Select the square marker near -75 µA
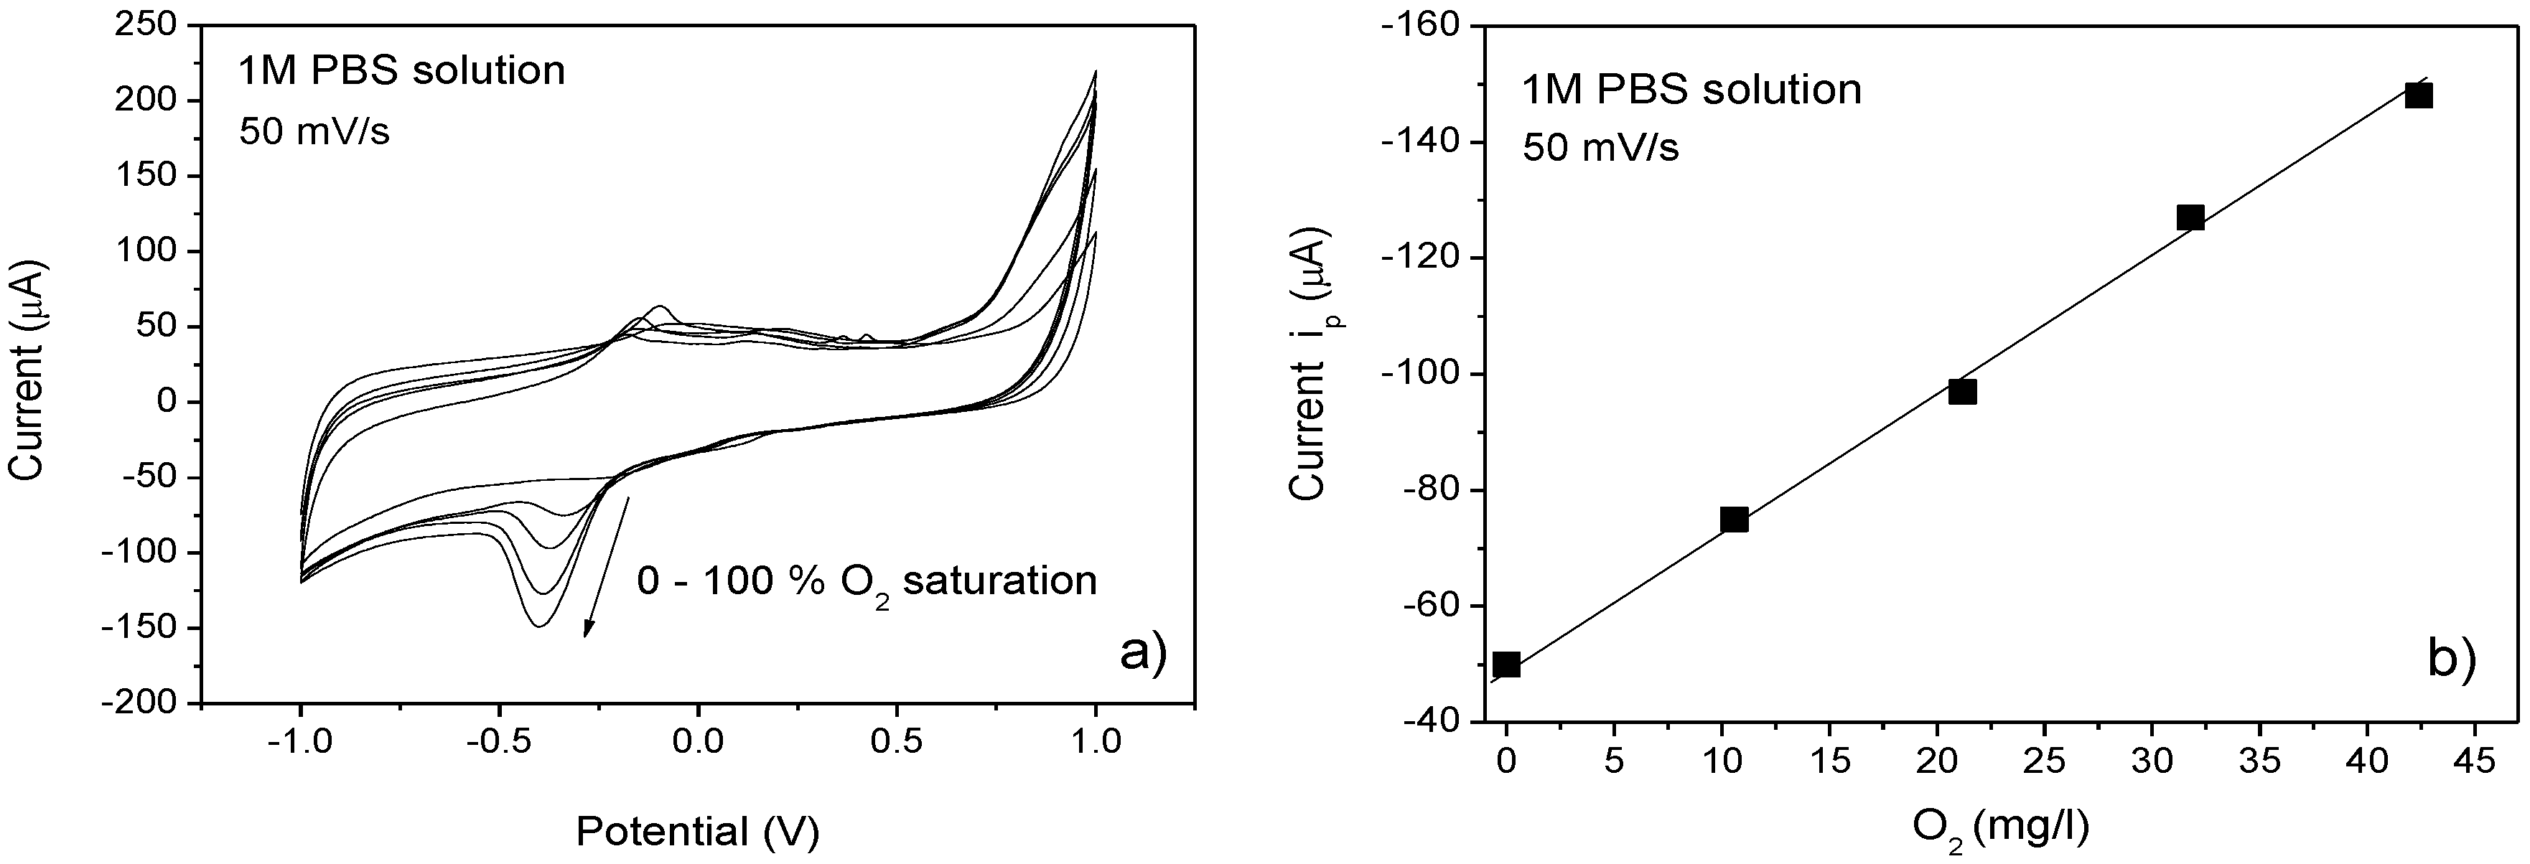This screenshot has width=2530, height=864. click(1735, 520)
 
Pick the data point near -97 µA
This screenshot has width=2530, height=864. click(1962, 392)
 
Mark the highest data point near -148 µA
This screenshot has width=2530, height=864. click(2419, 95)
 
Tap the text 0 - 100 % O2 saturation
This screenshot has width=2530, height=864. click(867, 582)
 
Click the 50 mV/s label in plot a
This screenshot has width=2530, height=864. click(314, 131)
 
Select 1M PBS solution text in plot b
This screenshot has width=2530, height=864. click(1691, 90)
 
